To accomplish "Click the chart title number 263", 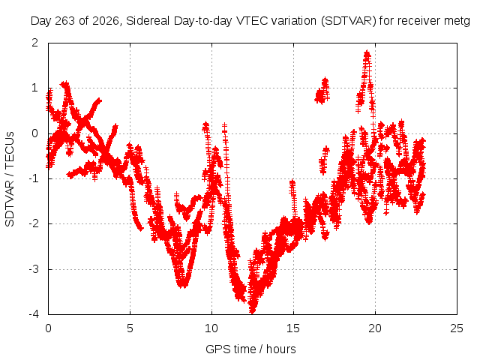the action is (x=65, y=21).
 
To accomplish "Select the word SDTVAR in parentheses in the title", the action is (x=348, y=21).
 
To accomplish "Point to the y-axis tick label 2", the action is (x=35, y=43).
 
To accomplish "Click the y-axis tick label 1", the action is (x=35, y=88).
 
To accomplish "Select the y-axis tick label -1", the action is (x=33, y=178).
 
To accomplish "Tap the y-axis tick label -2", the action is (x=33, y=224).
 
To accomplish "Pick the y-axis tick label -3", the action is (x=33, y=269).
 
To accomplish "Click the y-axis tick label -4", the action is (x=33, y=314).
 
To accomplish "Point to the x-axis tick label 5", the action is (x=130, y=328).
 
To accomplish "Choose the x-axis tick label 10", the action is (x=211, y=328).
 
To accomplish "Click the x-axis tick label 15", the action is (x=293, y=328).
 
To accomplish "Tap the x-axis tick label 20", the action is (x=375, y=328).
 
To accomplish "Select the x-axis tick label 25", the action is (x=457, y=328).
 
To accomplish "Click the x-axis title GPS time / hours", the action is (x=250, y=349).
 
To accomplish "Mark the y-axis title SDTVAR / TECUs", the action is (x=10, y=179).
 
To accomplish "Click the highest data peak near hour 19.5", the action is (x=367, y=53).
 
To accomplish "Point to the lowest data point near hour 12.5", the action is (x=252, y=311).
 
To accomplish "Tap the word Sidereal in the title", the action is (x=148, y=21).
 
